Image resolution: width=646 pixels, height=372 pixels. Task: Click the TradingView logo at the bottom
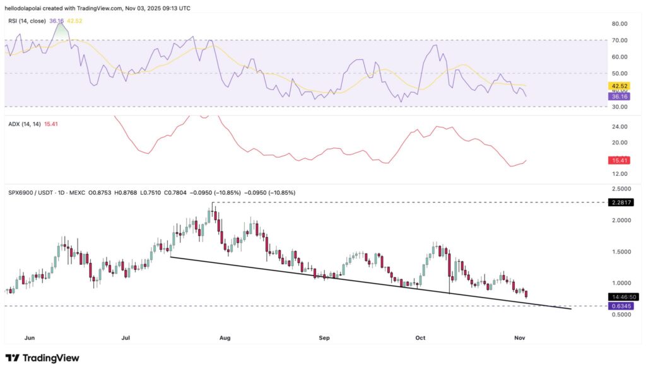[42, 358]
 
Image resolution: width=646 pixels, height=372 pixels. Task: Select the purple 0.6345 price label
[620, 306]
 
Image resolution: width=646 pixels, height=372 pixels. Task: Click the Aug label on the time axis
[225, 338]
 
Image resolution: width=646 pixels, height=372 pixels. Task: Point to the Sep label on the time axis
[324, 338]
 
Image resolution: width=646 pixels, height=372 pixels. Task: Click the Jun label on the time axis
[29, 338]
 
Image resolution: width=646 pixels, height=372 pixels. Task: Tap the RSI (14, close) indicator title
[26, 21]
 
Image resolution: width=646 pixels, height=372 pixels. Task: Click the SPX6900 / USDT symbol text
[30, 192]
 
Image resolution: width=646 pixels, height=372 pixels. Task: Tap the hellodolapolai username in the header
[28, 8]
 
